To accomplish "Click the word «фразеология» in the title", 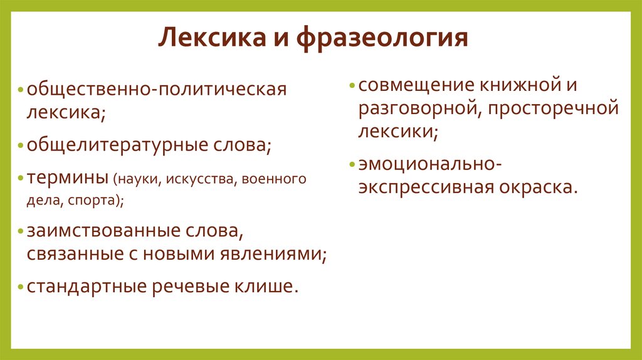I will coord(382,38).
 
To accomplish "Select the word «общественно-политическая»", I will coord(156,88).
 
